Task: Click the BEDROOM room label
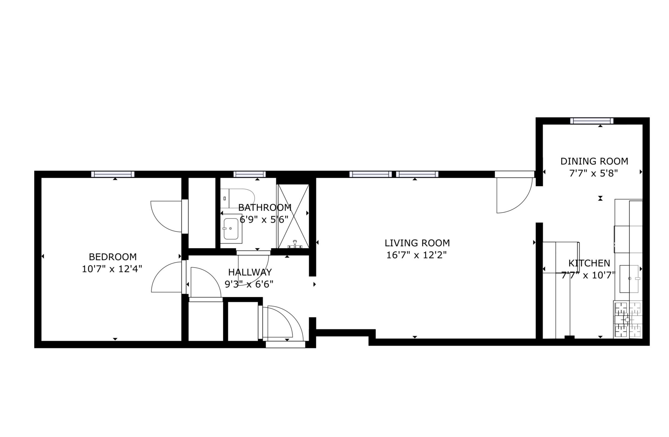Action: point(113,257)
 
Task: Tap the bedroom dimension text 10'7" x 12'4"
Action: point(112,269)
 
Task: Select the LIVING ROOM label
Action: point(417,243)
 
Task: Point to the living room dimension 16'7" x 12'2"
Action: point(417,255)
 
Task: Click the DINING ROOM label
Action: point(594,161)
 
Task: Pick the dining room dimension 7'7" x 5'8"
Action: point(594,174)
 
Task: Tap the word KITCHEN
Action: point(589,263)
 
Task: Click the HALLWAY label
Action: point(250,272)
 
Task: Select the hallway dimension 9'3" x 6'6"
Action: point(249,284)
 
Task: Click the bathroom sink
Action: point(231,229)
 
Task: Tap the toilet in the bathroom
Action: point(237,198)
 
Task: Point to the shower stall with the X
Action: point(294,216)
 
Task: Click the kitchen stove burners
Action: point(628,320)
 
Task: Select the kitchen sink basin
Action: point(629,279)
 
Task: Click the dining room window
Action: point(592,121)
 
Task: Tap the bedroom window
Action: point(113,174)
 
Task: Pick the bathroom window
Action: point(250,174)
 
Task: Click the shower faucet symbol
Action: point(295,244)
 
